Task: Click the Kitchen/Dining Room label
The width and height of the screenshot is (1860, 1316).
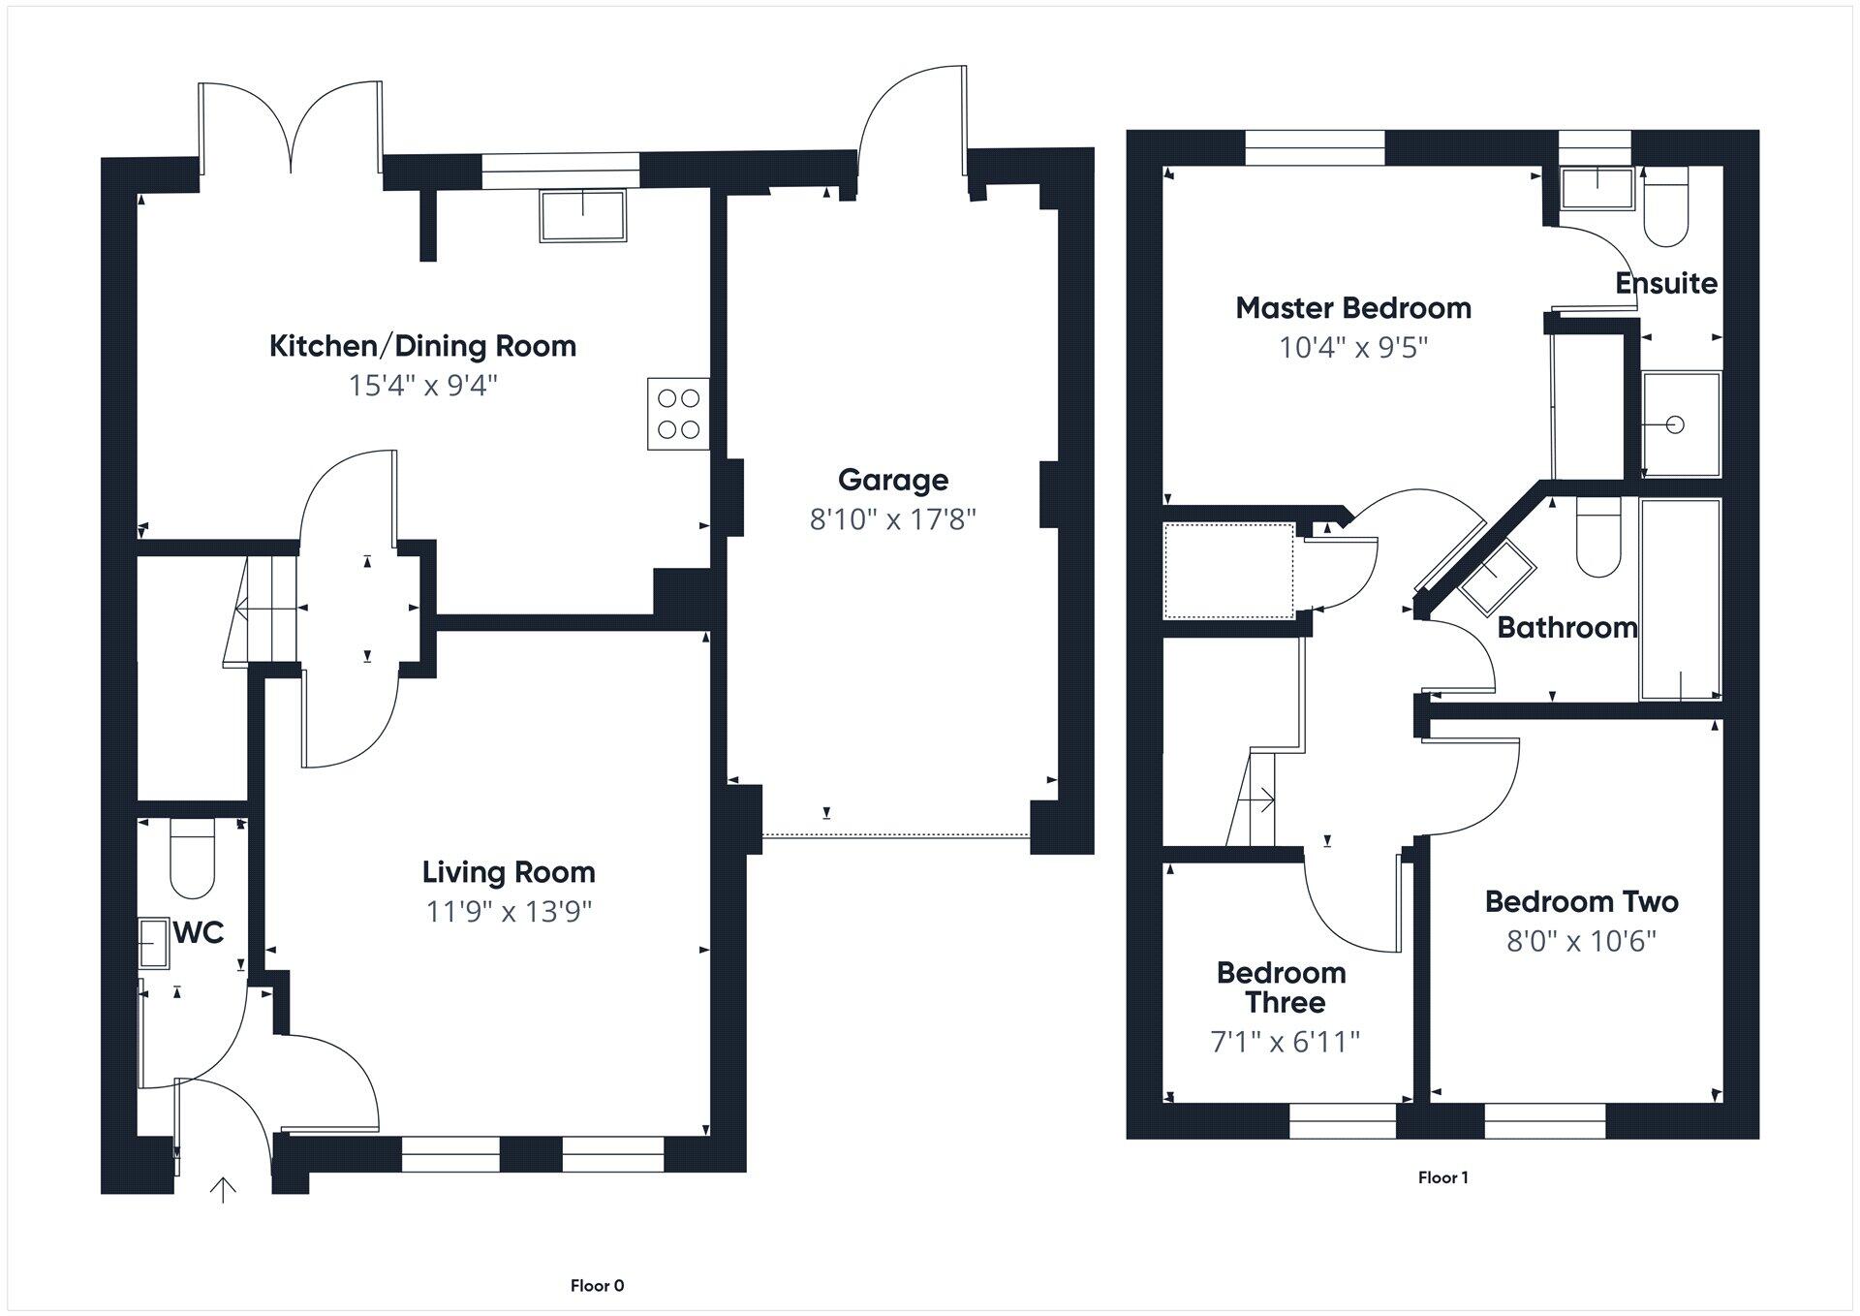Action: pos(422,346)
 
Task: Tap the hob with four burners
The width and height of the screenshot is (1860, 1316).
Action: pos(678,414)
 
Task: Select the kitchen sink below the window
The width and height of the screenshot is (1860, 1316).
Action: pos(582,215)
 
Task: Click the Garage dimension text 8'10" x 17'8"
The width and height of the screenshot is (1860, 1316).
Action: pos(892,520)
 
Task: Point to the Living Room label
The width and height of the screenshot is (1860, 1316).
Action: pos(509,872)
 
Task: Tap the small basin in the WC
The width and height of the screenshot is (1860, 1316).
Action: pos(153,943)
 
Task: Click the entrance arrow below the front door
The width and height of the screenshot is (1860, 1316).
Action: pos(224,1189)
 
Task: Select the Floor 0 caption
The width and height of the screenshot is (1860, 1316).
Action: pos(597,1286)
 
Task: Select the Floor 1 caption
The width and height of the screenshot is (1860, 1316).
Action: pos(1442,1177)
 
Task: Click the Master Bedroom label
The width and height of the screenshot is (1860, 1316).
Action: pos(1353,308)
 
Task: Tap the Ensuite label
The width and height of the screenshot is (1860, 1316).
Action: pos(1665,283)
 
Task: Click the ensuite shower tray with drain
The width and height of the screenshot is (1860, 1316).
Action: pos(1681,424)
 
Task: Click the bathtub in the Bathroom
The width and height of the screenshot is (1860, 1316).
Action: pos(1681,599)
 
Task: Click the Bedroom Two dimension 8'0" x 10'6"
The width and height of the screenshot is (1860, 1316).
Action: pos(1581,941)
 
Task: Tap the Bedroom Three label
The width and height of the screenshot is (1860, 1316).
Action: pos(1281,987)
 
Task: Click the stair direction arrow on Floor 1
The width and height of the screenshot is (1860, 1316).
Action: pos(1264,799)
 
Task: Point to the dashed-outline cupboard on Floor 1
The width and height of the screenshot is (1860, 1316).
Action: pos(1228,570)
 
